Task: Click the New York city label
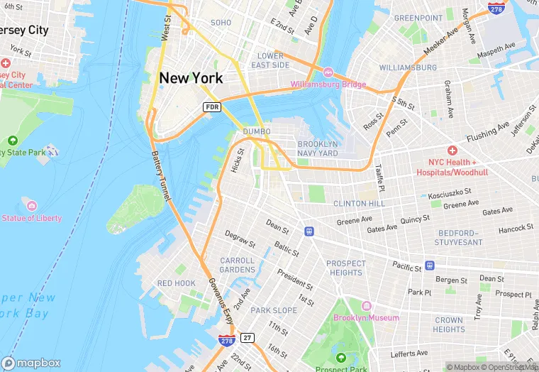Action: [191, 78]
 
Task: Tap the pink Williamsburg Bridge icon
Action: [328, 73]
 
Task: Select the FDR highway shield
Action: [211, 106]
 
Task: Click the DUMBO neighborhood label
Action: [257, 131]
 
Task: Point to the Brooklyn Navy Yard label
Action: [318, 148]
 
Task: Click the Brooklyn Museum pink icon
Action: [367, 306]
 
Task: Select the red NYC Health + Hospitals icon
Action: [452, 151]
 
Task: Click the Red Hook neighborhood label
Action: [176, 283]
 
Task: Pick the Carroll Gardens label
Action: [237, 266]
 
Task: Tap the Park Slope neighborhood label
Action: [274, 310]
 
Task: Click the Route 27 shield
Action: [247, 337]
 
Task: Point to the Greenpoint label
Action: [418, 18]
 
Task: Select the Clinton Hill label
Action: [360, 204]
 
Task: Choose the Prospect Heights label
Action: [346, 268]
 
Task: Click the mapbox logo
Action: [31, 363]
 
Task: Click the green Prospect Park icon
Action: [341, 358]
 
